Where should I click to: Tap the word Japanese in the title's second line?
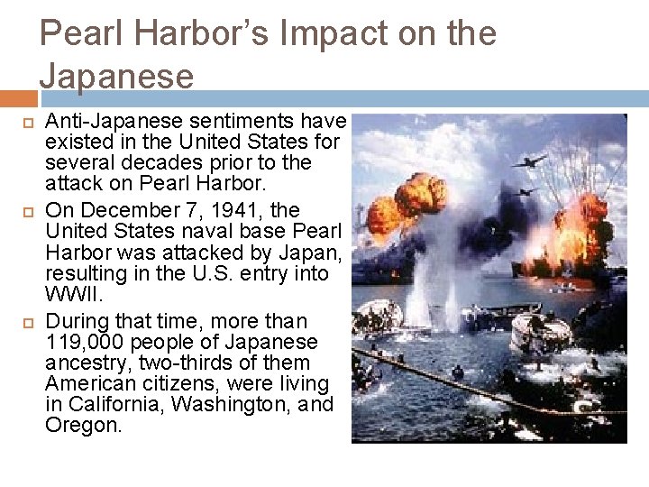click(116, 76)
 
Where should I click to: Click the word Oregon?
click(83, 426)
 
